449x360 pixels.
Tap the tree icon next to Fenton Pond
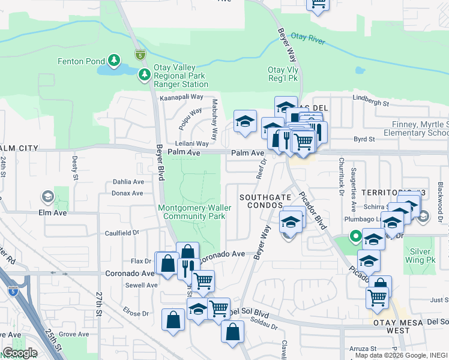tap(113, 61)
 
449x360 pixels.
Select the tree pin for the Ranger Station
tap(144, 75)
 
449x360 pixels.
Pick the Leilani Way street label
tap(191, 144)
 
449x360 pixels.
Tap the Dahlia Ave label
tap(129, 182)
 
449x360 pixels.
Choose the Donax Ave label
tap(127, 193)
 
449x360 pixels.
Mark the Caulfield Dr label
tap(122, 233)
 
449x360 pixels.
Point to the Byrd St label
tap(364, 139)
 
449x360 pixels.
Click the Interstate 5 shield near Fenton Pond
tap(140, 54)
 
